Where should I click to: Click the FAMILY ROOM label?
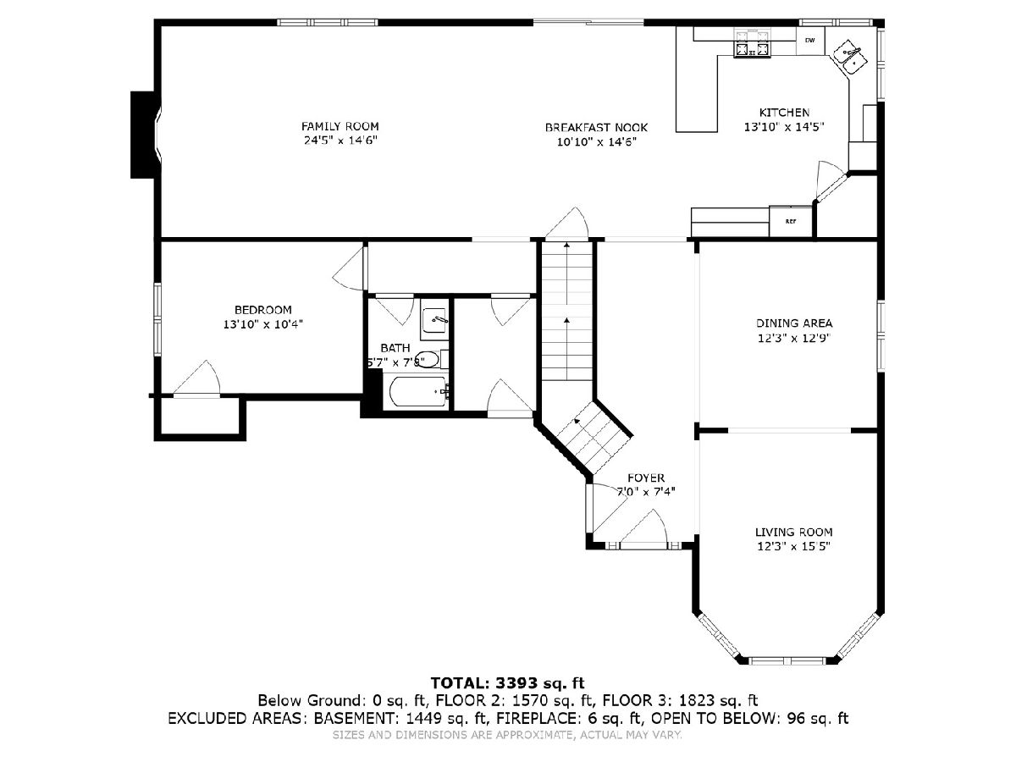(x=340, y=126)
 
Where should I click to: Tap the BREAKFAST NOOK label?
(x=596, y=127)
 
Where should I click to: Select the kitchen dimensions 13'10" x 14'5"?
(x=784, y=127)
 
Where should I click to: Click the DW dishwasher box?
(x=809, y=41)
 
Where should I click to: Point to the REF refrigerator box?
(x=791, y=221)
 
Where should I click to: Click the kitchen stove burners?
(x=752, y=44)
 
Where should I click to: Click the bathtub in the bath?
(x=417, y=391)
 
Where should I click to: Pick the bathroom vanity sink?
(x=433, y=317)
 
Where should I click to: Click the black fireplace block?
(x=145, y=135)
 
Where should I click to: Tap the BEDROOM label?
(x=263, y=310)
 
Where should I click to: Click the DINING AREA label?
(x=794, y=323)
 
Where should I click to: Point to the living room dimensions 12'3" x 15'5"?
(x=793, y=546)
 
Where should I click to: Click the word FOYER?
(x=646, y=478)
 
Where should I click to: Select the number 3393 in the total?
(x=516, y=683)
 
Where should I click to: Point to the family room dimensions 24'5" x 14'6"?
(x=340, y=141)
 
